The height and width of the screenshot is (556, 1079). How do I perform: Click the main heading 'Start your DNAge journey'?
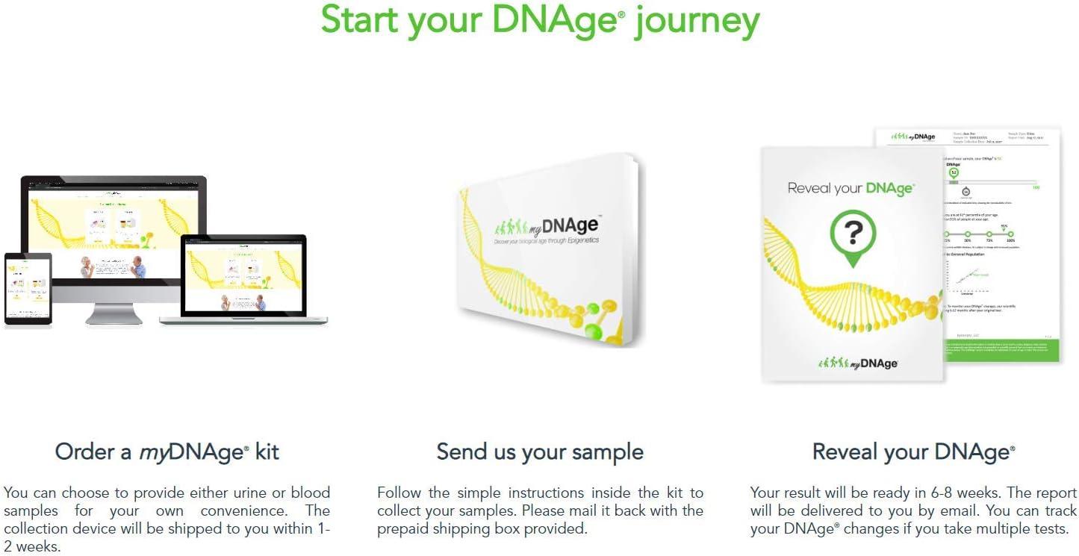point(539,21)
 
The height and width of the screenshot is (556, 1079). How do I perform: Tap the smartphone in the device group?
point(28,288)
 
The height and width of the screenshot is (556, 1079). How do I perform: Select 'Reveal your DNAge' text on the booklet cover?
point(851,188)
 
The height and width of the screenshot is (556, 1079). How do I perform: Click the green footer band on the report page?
point(1001,350)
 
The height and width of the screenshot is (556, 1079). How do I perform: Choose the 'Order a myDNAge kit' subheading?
point(167,452)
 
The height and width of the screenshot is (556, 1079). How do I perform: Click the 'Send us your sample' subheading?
point(539,452)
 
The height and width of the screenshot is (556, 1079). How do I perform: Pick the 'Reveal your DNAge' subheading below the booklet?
point(913,452)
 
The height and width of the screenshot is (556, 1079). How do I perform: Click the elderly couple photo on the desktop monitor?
point(114,266)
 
